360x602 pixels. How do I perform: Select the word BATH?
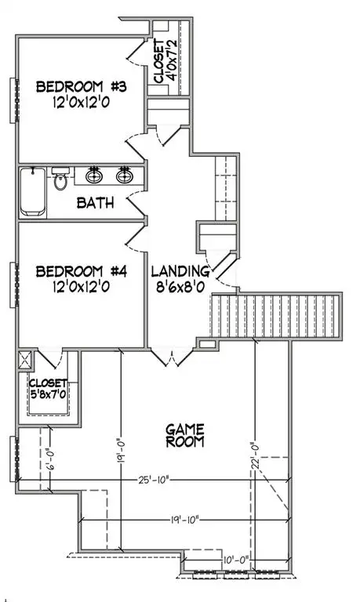(x=96, y=202)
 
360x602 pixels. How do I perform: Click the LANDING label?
(x=180, y=279)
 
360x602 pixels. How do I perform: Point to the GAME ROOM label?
(x=185, y=435)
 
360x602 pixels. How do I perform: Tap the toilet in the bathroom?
(x=61, y=180)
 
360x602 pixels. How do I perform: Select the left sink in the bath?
(x=96, y=175)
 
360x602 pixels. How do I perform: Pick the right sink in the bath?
(x=124, y=175)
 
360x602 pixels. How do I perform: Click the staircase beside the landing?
(x=275, y=317)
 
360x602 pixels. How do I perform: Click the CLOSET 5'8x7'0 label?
(x=47, y=390)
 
